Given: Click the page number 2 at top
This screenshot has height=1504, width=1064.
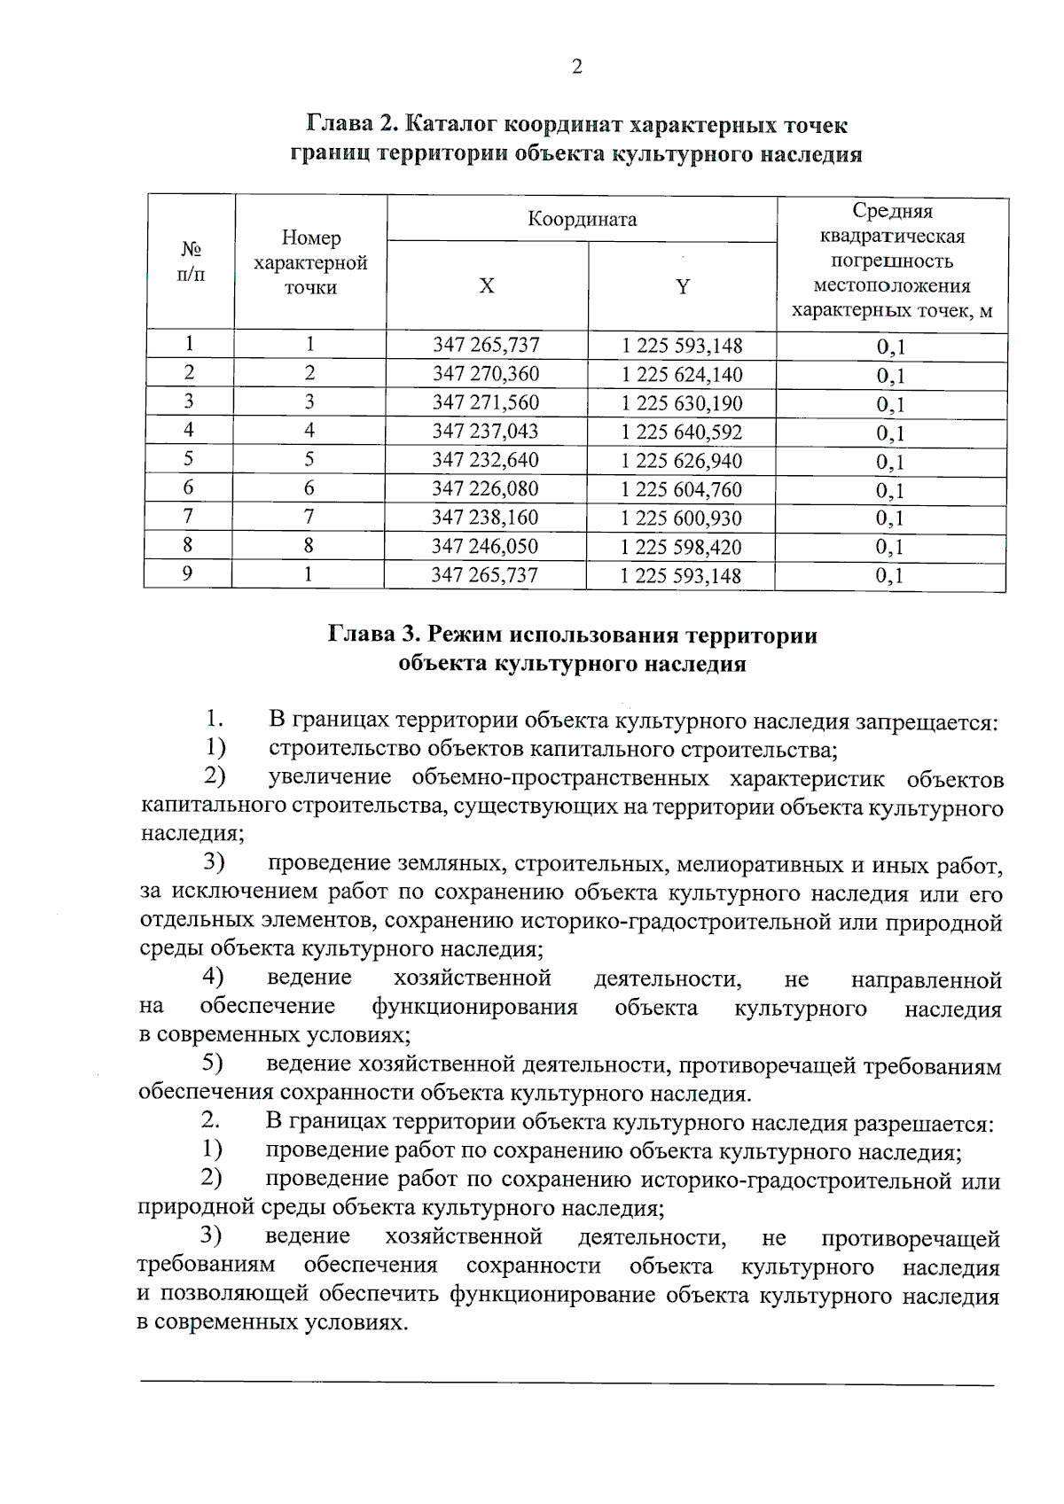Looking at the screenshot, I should tap(576, 67).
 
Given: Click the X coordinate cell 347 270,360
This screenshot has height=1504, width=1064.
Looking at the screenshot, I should tap(485, 374).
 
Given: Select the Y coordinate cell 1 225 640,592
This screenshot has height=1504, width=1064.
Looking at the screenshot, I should tap(681, 432).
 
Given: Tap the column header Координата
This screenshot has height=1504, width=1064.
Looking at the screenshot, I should tap(582, 219).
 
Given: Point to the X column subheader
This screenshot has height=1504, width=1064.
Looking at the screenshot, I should tap(487, 286).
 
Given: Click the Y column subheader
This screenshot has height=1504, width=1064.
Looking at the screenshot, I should tap(682, 286).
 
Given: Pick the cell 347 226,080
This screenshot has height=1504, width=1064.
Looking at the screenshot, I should tap(485, 489).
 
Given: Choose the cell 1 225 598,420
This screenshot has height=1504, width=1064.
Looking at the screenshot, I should tap(681, 547).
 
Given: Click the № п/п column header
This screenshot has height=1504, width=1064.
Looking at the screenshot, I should tap(190, 261).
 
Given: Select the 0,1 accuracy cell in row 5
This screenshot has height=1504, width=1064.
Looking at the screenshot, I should tap(890, 462).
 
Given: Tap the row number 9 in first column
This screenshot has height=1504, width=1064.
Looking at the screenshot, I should tap(188, 574).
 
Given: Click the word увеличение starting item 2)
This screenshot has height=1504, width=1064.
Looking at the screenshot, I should tap(329, 779).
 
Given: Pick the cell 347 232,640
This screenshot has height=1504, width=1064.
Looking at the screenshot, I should tap(485, 461).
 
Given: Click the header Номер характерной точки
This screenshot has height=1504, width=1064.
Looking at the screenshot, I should tap(310, 262).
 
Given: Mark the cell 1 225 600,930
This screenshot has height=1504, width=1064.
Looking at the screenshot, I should tap(681, 518).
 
